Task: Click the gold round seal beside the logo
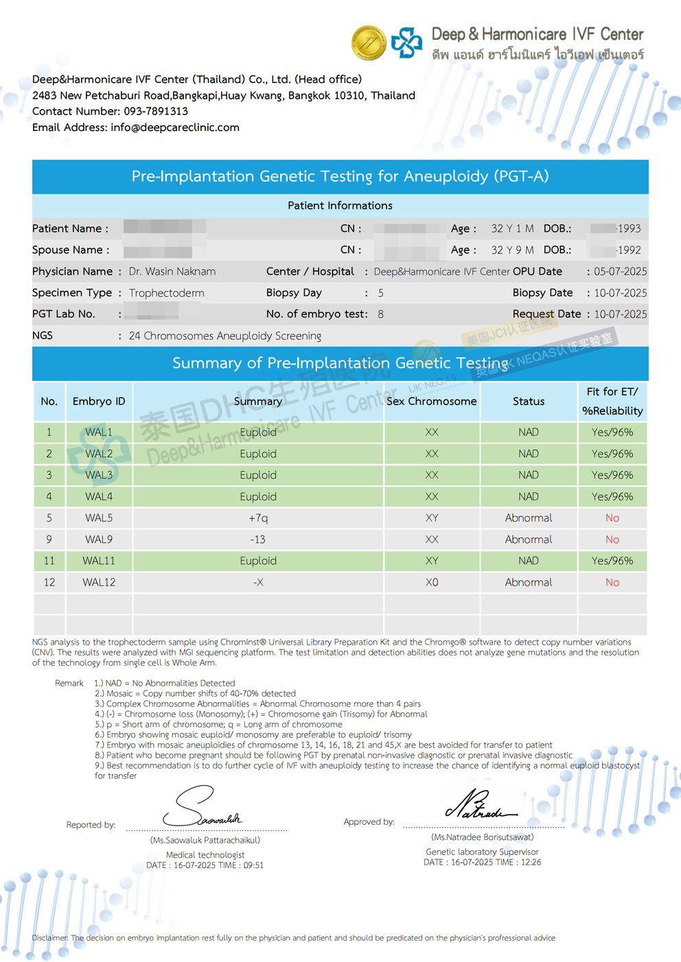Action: (369, 43)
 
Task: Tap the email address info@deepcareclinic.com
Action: (174, 128)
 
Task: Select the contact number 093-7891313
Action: (155, 111)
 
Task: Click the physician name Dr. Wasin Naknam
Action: (172, 272)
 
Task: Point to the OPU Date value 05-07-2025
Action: (620, 272)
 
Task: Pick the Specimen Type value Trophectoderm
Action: (166, 293)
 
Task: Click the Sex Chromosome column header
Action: (431, 401)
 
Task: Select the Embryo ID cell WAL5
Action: (99, 518)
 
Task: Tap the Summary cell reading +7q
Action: (258, 518)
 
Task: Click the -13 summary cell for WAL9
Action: (258, 540)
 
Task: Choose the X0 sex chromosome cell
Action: (431, 582)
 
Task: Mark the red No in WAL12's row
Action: (612, 582)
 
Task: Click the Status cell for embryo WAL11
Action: (528, 561)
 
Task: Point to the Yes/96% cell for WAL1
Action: (612, 432)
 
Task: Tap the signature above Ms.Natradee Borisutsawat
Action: (481, 806)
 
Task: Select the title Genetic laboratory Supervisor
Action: (482, 852)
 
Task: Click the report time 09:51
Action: (253, 865)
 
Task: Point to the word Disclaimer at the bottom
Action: (49, 938)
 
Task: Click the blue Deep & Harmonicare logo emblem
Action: (406, 43)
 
